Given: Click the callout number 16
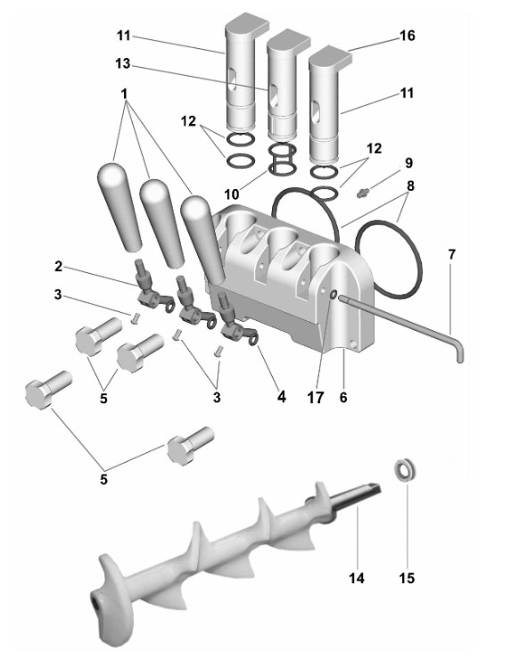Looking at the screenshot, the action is pos(407,36).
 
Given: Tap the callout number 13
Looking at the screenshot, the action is pos(123,64).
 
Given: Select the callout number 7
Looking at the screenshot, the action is pos(451,255).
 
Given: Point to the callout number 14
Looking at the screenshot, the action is pos(357,578).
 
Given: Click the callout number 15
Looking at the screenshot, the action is pos(407,578).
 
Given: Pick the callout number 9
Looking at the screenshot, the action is pos(408,163).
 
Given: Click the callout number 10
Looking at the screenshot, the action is pos(232,194).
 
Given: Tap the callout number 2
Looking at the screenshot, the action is pos(58,267).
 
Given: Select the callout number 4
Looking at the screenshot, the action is pos(282,397).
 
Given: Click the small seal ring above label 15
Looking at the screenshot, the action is pos(406,470).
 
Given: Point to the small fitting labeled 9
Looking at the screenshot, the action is pos(362,193).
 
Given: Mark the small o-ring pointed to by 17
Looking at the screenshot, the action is pos(333,295).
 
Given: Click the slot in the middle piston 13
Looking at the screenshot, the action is pos(273,96).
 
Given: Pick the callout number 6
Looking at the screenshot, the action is pos(343,397).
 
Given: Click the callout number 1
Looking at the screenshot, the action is pos(124,94).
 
